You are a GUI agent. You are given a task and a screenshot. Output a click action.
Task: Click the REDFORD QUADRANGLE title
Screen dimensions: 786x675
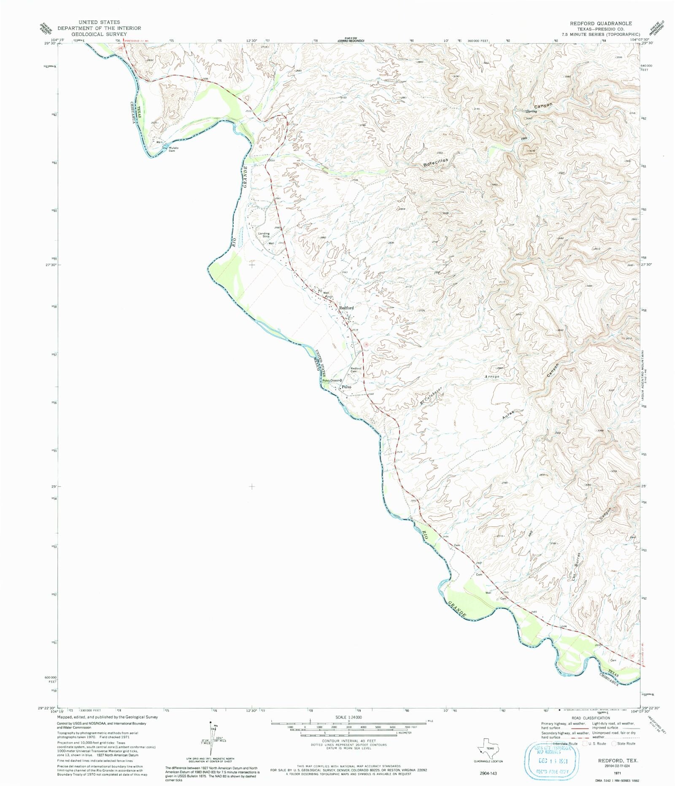tap(601, 23)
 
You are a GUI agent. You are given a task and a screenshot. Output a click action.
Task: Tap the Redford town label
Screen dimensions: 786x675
tap(346, 308)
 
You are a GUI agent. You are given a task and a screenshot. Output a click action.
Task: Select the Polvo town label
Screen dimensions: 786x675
tap(346, 387)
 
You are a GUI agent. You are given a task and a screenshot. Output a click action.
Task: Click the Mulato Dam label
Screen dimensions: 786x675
tap(173, 149)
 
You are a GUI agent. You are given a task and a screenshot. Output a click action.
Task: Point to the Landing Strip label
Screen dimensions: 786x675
tap(264, 235)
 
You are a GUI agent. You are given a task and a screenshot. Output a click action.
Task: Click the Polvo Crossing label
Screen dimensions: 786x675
tap(332, 380)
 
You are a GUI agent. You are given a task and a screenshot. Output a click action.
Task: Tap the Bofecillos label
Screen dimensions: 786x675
tap(436, 161)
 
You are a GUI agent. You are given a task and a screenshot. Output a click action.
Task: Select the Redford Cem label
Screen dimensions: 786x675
tap(356, 370)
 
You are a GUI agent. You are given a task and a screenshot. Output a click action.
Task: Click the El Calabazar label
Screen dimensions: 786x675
tap(431, 396)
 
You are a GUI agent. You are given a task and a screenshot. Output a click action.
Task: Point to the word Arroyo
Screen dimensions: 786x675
tap(492, 376)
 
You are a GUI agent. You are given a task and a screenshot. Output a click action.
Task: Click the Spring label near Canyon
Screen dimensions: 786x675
tap(532, 111)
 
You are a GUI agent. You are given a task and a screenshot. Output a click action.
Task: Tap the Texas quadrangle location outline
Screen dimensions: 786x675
tap(488, 748)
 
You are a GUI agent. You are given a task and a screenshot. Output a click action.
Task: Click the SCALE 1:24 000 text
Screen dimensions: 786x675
tap(348, 717)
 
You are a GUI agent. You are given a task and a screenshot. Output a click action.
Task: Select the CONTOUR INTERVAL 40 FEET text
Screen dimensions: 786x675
tap(348, 740)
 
